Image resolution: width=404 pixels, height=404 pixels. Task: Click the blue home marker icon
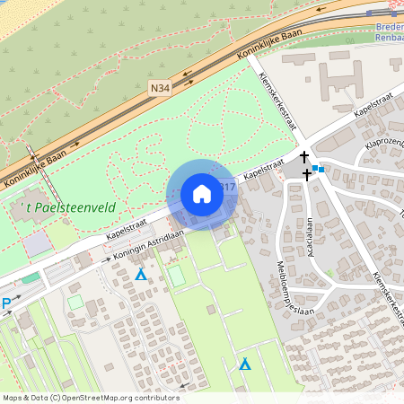(x=202, y=194)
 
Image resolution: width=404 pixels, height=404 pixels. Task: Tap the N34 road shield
(x=160, y=88)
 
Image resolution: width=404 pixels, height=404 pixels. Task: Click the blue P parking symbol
(x=6, y=304)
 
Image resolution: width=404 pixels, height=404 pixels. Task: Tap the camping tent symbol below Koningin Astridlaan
(x=140, y=274)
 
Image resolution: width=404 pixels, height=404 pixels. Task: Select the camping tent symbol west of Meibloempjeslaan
(x=245, y=364)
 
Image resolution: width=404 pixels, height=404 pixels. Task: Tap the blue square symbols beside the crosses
(x=319, y=168)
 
